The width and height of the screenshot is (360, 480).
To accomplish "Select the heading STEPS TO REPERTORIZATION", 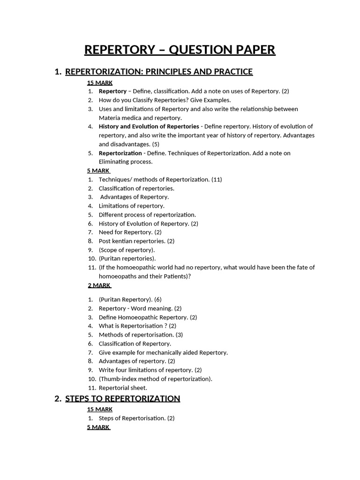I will pyautogui.click(x=122, y=398).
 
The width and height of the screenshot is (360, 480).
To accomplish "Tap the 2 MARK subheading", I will pyautogui.click(x=99, y=285).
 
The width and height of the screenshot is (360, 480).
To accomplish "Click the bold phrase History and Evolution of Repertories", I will pyautogui.click(x=149, y=127).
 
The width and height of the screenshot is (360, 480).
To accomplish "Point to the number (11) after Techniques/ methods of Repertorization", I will pyautogui.click(x=217, y=180).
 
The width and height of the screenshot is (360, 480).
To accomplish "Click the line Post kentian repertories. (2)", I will pyautogui.click(x=136, y=241).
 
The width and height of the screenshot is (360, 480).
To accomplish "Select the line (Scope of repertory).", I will pyautogui.click(x=127, y=250).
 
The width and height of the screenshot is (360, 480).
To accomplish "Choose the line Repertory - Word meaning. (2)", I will pyautogui.click(x=140, y=308).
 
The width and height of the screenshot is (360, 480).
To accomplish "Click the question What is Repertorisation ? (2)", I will pyautogui.click(x=137, y=326).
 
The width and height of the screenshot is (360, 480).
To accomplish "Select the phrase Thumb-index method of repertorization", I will pyautogui.click(x=155, y=379).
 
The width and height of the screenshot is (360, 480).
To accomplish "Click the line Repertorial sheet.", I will pyautogui.click(x=123, y=388).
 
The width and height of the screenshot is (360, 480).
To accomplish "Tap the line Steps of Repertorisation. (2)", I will pyautogui.click(x=136, y=418).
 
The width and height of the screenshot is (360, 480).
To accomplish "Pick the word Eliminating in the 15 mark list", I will pyautogui.click(x=115, y=162).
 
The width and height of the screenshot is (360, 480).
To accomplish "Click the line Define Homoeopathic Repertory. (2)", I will pyautogui.click(x=148, y=317).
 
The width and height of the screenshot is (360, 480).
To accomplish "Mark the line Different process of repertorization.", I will pyautogui.click(x=147, y=215).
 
